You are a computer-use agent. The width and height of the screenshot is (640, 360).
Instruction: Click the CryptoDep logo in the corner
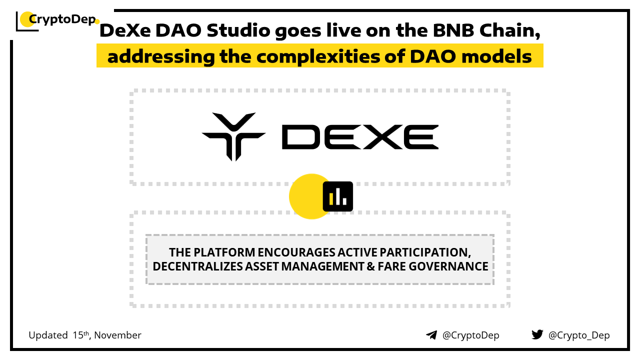click(57, 20)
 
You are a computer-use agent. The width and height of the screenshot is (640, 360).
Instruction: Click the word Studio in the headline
click(238, 30)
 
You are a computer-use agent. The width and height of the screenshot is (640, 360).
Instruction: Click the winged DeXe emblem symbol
click(233, 136)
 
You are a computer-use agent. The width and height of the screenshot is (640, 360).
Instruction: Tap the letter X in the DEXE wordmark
click(381, 137)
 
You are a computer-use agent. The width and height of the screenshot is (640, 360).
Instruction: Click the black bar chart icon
click(337, 196)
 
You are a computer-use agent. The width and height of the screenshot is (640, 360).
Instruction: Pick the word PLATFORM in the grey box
click(224, 252)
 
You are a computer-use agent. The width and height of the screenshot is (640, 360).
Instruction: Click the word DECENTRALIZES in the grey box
click(197, 266)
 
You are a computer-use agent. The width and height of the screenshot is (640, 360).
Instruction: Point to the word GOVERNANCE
click(448, 266)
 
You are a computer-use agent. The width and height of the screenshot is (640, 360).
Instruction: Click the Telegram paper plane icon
click(431, 335)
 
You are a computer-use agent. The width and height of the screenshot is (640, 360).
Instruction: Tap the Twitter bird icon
click(537, 334)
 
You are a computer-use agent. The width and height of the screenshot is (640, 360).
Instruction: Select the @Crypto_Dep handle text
click(579, 335)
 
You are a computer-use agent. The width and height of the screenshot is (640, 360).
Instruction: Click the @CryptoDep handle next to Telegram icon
click(470, 335)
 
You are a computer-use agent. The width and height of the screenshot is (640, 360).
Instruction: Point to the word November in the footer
click(117, 335)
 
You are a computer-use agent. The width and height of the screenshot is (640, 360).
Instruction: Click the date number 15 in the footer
click(77, 335)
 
